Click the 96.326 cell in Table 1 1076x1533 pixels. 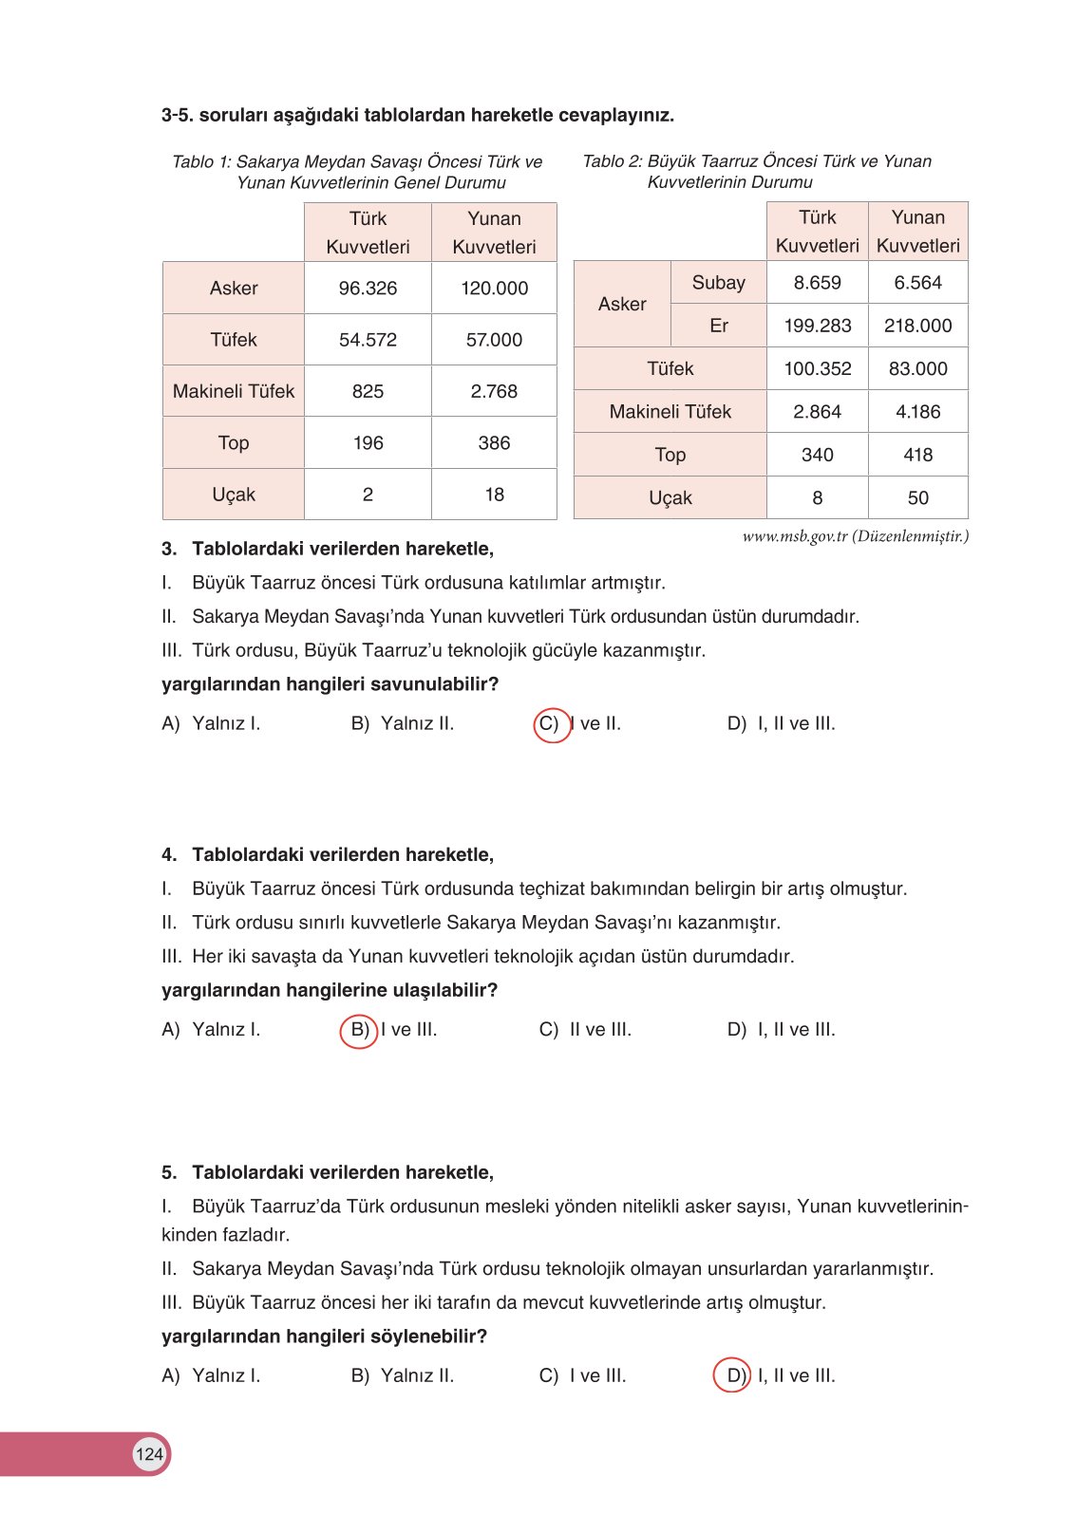pyautogui.click(x=368, y=289)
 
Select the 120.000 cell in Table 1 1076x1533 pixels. pyautogui.click(x=494, y=289)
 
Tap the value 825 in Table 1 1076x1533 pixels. pyautogui.click(x=368, y=391)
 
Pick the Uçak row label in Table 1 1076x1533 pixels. pyautogui.click(x=234, y=495)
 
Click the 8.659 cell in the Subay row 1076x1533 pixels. pyautogui.click(x=817, y=283)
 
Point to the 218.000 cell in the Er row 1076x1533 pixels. pyautogui.click(x=917, y=326)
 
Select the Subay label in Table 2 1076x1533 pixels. pyautogui.click(x=718, y=283)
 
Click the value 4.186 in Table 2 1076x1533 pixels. pyautogui.click(x=917, y=412)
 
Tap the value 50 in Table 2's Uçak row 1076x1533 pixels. pyautogui.click(x=917, y=498)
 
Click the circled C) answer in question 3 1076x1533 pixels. pyautogui.click(x=551, y=724)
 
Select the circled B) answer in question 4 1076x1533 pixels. pyautogui.click(x=359, y=1030)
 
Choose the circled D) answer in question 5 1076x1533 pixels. pyautogui.click(x=732, y=1375)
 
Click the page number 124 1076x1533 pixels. pyautogui.click(x=149, y=1454)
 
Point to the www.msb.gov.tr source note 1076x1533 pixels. pyautogui.click(x=855, y=536)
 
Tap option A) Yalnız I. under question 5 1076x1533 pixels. pyautogui.click(x=211, y=1375)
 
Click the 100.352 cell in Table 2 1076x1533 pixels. pyautogui.click(x=817, y=369)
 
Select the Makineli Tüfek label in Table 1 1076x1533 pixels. pyautogui.click(x=234, y=391)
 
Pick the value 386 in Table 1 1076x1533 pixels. pyautogui.click(x=494, y=443)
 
